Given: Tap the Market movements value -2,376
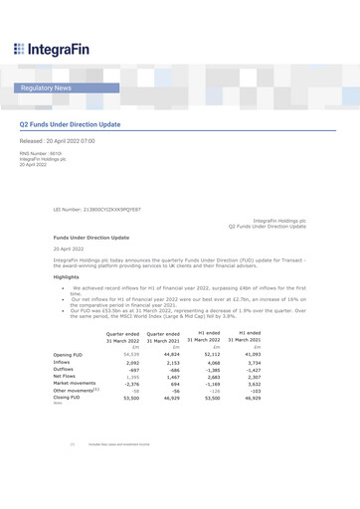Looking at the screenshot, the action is [x=128, y=387].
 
